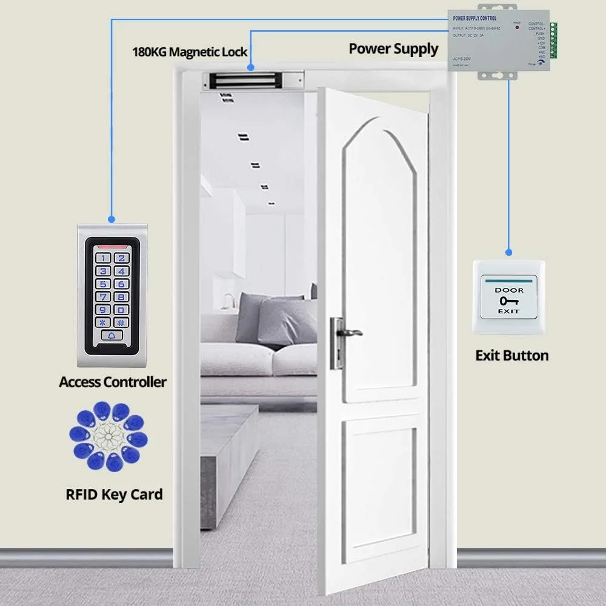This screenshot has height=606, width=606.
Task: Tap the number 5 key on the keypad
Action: pos(104,284)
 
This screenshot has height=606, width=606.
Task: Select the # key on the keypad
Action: pos(121,323)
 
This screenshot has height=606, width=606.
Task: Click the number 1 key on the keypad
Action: pos(104,258)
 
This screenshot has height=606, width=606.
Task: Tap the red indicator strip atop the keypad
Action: pos(112,247)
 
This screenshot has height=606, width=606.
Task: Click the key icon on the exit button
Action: pos(508,301)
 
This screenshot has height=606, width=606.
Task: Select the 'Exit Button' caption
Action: pos(512,356)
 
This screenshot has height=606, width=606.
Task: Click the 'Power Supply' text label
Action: pos(393,48)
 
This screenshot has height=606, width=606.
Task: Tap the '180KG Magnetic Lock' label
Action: pos(190,52)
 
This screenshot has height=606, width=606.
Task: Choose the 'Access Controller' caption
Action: pos(113,382)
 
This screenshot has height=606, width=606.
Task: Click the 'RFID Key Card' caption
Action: pos(114,494)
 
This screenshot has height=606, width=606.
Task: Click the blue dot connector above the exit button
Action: pos(508,251)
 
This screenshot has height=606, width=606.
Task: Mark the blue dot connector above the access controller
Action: pos(111,218)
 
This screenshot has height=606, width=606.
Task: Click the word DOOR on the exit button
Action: pos(508,290)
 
